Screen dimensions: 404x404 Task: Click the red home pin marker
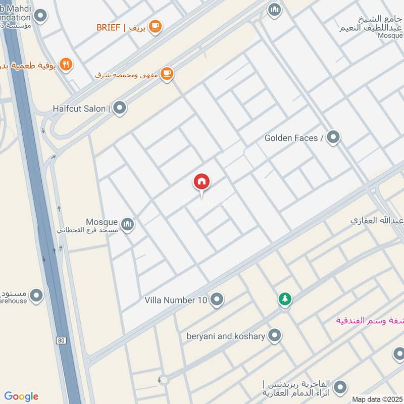pyautogui.click(x=201, y=182)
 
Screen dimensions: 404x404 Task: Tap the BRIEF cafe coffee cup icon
pyautogui.click(x=155, y=26)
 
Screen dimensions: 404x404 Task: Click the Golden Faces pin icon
pyautogui.click(x=333, y=137)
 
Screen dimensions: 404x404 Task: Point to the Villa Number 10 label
pyautogui.click(x=176, y=300)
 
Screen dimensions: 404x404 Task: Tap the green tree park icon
pyautogui.click(x=285, y=299)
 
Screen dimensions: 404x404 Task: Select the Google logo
pyautogui.click(x=21, y=396)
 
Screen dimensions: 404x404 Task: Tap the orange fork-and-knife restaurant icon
pyautogui.click(x=66, y=64)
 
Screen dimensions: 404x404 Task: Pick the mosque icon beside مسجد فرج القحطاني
pyautogui.click(x=128, y=223)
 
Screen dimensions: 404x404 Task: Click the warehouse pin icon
pyautogui.click(x=36, y=296)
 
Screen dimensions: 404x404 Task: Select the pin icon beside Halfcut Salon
pyautogui.click(x=119, y=108)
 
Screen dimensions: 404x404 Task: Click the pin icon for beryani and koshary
pyautogui.click(x=274, y=335)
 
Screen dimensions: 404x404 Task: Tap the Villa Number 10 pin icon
pyautogui.click(x=217, y=299)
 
